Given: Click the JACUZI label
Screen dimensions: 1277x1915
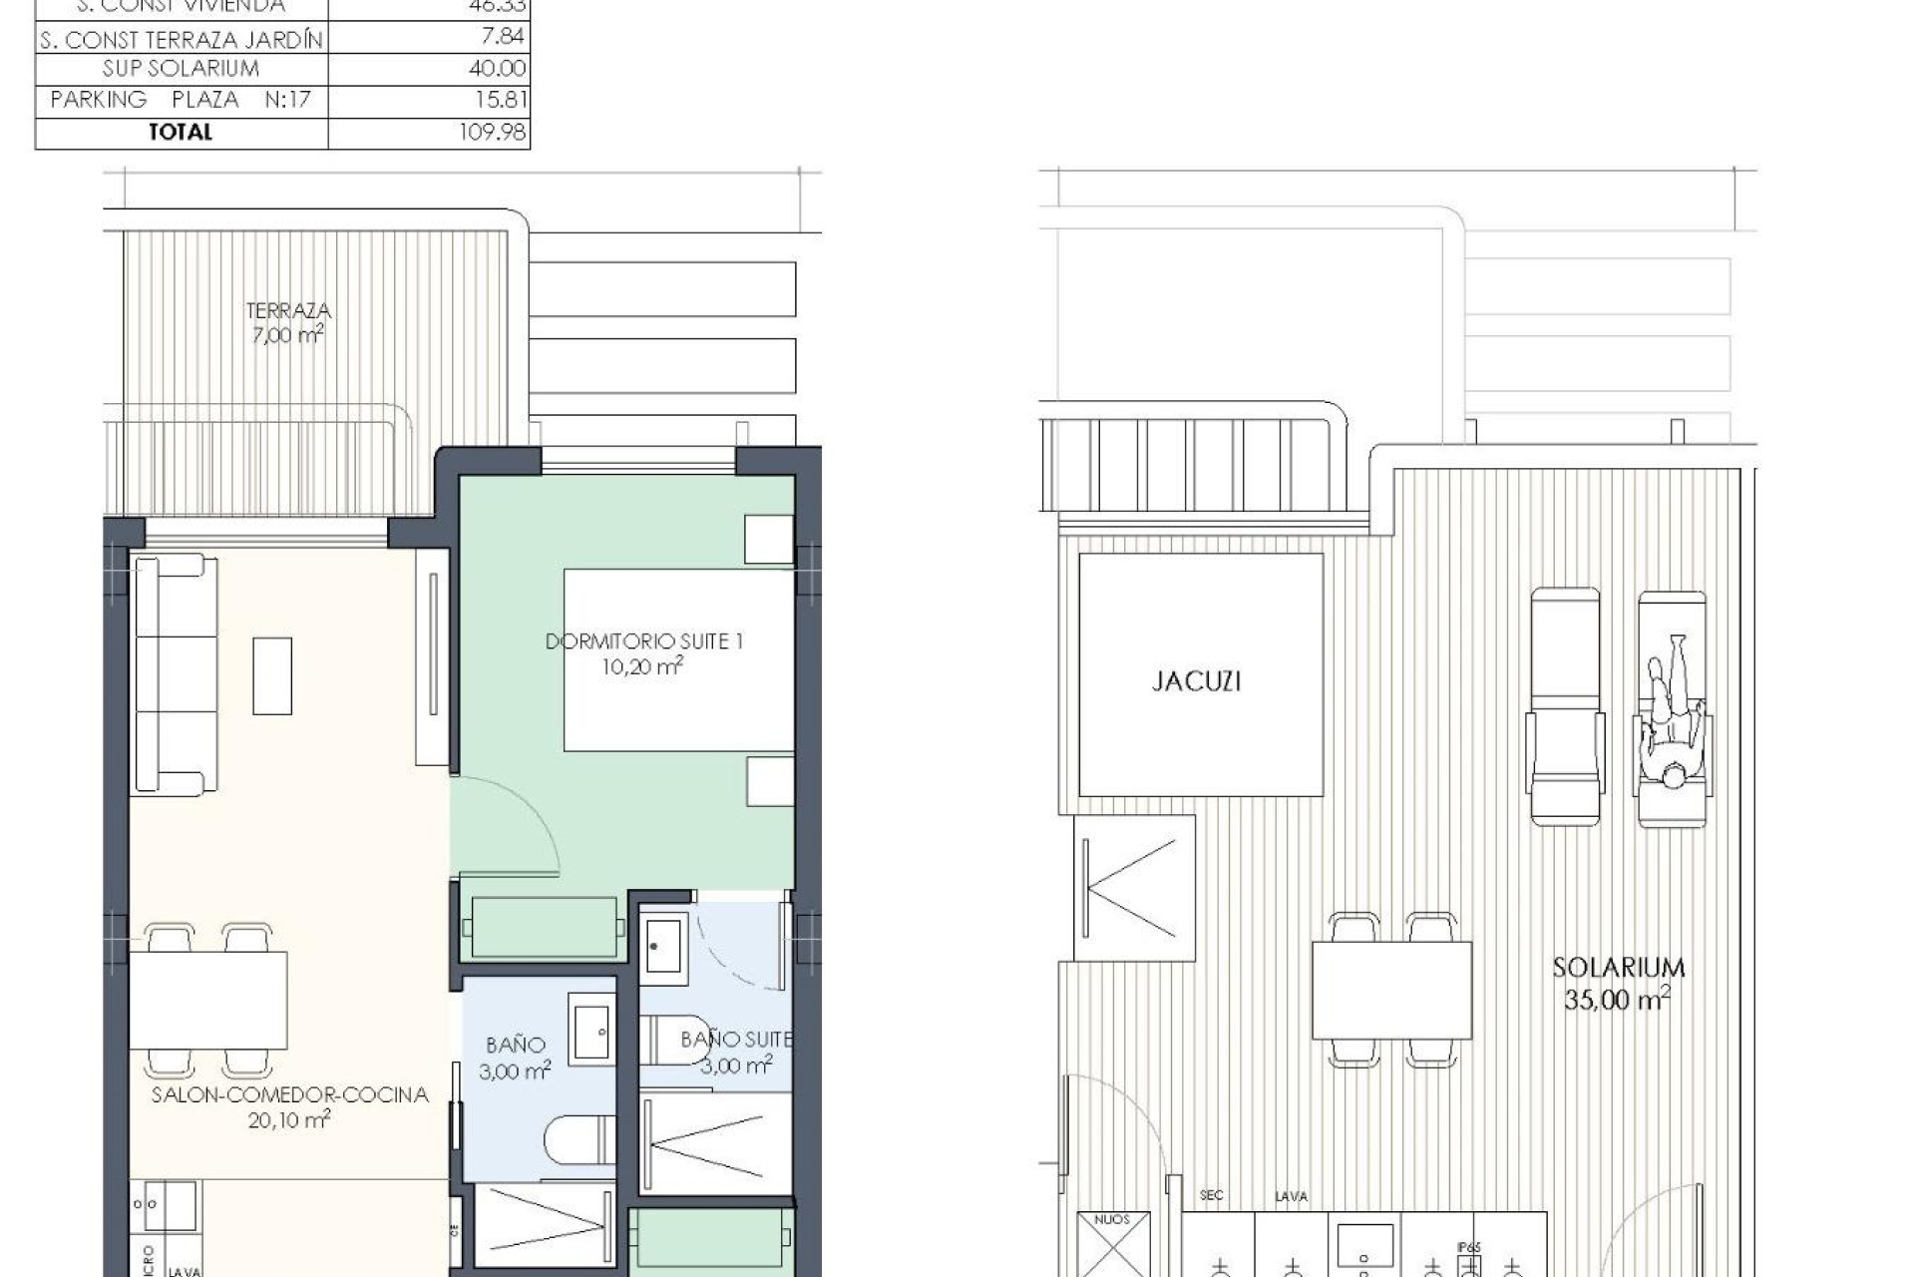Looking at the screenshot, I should (1196, 681).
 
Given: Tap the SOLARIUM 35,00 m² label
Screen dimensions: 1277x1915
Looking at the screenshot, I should (1618, 983).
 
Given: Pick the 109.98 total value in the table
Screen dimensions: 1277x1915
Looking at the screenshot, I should (492, 133).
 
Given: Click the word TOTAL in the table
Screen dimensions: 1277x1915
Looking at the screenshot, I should (181, 133).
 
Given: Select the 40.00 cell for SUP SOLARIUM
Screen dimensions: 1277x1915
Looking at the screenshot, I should (497, 69).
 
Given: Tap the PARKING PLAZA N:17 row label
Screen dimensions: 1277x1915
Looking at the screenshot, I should (181, 100).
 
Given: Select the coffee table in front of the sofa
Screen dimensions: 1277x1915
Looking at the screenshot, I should (272, 676).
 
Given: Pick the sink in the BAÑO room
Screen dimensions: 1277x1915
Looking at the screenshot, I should (592, 1029).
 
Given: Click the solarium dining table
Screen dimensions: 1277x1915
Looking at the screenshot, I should (1391, 991).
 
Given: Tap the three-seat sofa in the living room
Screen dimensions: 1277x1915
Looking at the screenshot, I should (176, 675).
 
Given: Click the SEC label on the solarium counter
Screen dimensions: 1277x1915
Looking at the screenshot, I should (1211, 1195).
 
